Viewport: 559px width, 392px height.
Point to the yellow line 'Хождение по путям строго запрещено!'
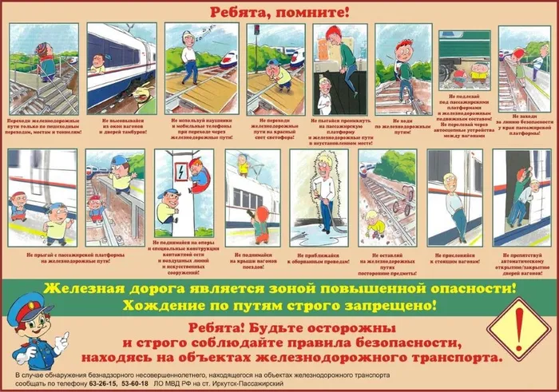click(x=279, y=305)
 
